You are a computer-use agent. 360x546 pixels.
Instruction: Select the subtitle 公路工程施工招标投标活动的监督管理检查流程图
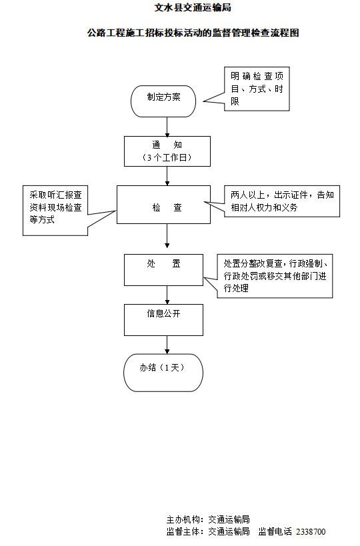(193, 32)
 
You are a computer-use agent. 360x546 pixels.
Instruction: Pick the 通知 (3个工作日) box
(167, 151)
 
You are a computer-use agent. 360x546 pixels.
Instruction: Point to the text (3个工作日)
(167, 158)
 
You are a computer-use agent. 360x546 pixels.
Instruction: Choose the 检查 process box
(167, 207)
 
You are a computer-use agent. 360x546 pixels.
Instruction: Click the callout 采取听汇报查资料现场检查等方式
(56, 209)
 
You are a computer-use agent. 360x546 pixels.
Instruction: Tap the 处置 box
(167, 269)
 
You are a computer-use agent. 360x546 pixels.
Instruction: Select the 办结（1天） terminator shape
(163, 372)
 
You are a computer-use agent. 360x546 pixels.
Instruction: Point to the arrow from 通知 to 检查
(167, 175)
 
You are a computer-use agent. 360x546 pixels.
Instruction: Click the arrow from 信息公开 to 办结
(167, 344)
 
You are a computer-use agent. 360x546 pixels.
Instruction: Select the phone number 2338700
(311, 531)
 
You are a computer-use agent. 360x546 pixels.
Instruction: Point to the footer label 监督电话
(275, 531)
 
